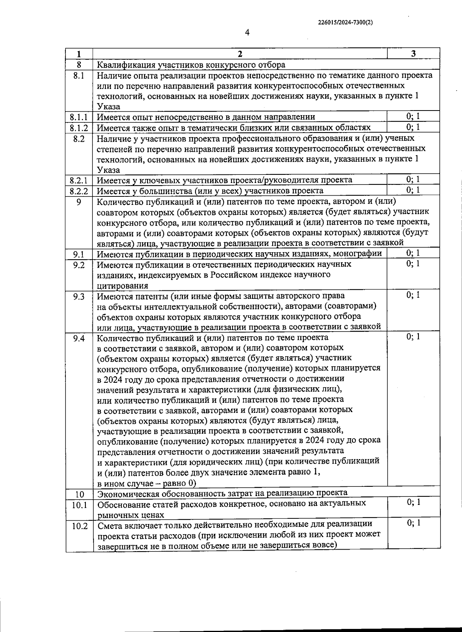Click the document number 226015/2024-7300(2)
[x=345, y=22]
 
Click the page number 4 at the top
[x=247, y=33]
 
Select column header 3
[x=413, y=54]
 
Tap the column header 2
[x=240, y=54]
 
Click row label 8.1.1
[x=79, y=117]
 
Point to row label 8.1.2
[x=79, y=127]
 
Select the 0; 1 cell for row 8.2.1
[x=413, y=179]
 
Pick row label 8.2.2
[x=79, y=191]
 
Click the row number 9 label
[x=79, y=201]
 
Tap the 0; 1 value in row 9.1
[x=413, y=253]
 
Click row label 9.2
[x=79, y=265]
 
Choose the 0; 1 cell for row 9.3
[x=413, y=295]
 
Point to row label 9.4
[x=79, y=338]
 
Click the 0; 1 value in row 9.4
[x=413, y=337]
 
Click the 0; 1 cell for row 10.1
[x=413, y=502]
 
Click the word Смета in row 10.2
[x=108, y=525]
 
